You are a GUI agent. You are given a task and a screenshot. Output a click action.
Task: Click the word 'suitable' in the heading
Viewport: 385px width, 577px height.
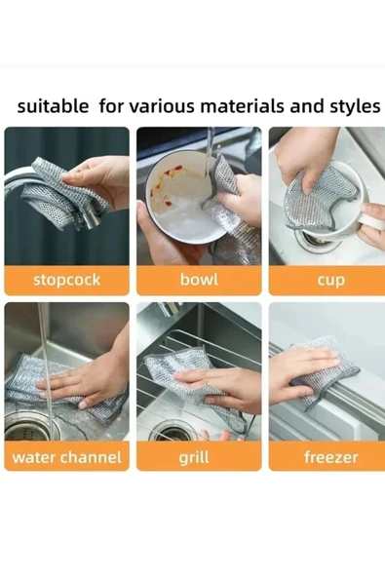point(53,106)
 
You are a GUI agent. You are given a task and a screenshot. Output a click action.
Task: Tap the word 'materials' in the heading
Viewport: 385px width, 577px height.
point(243,106)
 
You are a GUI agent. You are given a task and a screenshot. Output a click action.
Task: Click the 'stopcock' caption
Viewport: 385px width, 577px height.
point(66,280)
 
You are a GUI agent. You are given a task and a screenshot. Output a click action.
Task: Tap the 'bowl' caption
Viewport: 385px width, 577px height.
point(199,280)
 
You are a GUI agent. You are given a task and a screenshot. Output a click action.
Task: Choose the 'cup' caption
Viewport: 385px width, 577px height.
point(330,281)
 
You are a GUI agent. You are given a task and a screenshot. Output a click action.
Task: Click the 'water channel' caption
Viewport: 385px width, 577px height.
point(66,457)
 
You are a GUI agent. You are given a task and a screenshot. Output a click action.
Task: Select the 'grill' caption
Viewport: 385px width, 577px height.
point(194,458)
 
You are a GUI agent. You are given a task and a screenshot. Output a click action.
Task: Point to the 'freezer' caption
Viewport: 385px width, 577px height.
point(330,457)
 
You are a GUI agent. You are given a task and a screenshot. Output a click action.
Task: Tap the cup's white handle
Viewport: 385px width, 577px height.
point(371,221)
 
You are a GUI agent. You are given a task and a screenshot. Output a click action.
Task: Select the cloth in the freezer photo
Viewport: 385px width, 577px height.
point(323,371)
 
